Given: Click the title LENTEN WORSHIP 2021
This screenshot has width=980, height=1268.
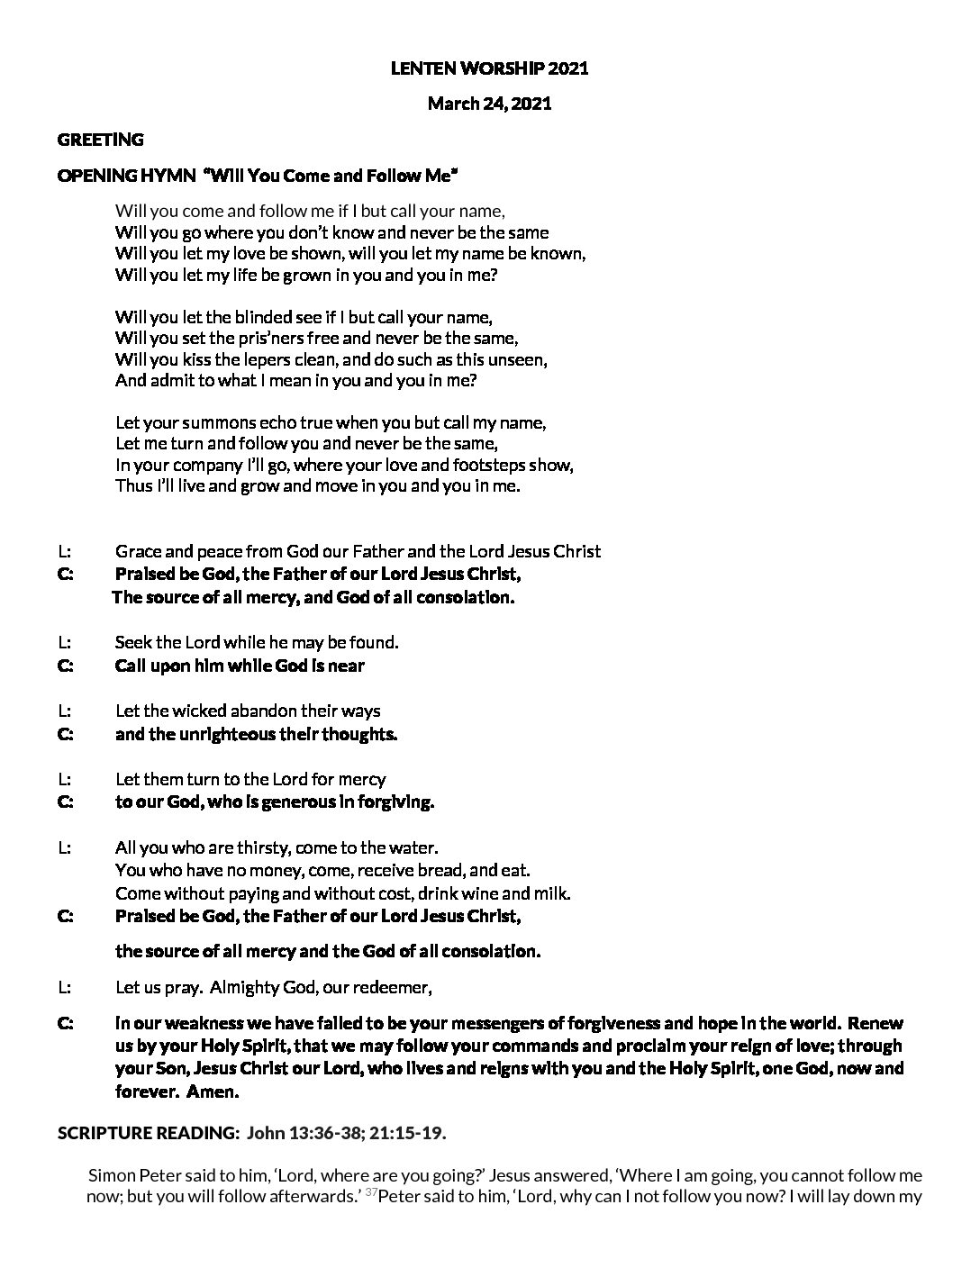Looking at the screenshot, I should pos(489,68).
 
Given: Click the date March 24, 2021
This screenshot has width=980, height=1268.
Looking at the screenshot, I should pos(489,104).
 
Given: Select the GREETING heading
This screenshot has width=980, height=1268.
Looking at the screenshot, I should pos(100,140).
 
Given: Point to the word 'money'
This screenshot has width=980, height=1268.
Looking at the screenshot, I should pos(279,871).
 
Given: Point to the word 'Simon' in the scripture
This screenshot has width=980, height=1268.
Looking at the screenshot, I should pos(111,1176).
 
